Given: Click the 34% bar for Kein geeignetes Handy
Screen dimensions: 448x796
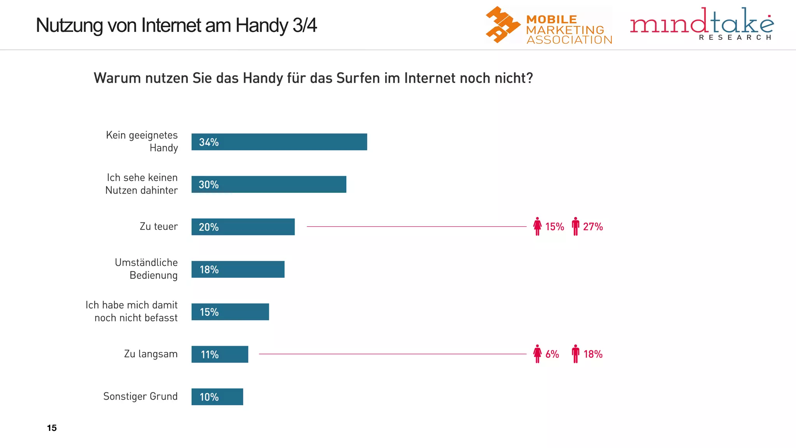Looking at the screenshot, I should [279, 142].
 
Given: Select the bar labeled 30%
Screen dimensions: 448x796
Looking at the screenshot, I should [269, 184].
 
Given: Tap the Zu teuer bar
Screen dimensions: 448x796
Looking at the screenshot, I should [243, 227].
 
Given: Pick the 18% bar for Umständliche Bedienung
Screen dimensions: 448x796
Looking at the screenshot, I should [238, 269].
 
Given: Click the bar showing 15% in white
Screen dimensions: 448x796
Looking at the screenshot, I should [230, 312].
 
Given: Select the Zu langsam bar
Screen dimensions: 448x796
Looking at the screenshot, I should [220, 354].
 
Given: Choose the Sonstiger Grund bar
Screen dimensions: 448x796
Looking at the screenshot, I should [217, 397].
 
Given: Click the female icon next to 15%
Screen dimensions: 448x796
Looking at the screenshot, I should [537, 226].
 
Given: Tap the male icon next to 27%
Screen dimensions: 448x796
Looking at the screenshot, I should [576, 226].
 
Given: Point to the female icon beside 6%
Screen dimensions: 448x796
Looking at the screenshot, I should [537, 354].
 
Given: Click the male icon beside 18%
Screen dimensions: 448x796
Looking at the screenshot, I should [576, 354].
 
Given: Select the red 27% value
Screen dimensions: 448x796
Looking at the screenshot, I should [593, 227].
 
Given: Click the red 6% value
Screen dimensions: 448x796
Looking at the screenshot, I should [552, 354].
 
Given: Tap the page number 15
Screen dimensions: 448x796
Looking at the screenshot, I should [52, 428].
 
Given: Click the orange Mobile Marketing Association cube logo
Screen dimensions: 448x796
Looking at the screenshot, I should [502, 24].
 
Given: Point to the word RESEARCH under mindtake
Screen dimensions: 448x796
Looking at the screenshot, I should [735, 37].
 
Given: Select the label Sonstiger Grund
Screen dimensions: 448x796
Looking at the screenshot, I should [140, 396].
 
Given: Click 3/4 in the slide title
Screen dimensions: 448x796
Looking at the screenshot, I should [305, 25].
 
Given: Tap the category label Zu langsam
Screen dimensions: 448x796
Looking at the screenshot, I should [150, 354].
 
